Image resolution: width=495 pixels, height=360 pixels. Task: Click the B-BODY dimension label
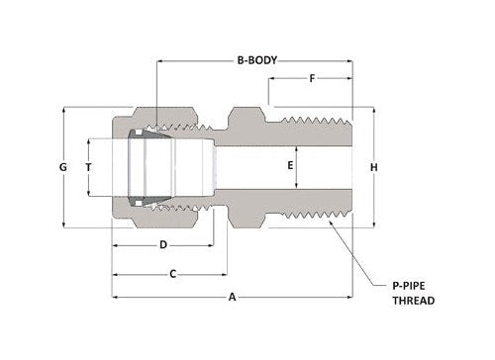tap(254, 59)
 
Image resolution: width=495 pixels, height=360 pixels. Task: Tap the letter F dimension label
tap(312, 78)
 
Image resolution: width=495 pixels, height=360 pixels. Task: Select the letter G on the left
tap(62, 168)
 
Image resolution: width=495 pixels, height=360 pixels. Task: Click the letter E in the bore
tap(290, 166)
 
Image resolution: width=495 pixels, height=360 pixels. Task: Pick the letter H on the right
tap(373, 167)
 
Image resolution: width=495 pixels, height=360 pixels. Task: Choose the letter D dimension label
tap(162, 244)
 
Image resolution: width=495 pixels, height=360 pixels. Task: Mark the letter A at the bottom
tap(233, 296)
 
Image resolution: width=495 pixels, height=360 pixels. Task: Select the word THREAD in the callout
tap(414, 300)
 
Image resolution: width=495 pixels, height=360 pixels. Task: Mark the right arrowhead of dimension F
tap(351, 78)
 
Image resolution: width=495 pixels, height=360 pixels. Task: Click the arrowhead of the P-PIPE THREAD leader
tap(327, 225)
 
